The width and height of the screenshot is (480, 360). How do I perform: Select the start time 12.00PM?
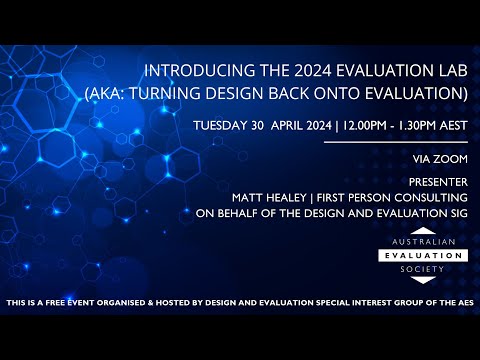pos(367,126)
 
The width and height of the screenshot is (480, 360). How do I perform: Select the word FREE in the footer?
pos(60,302)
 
